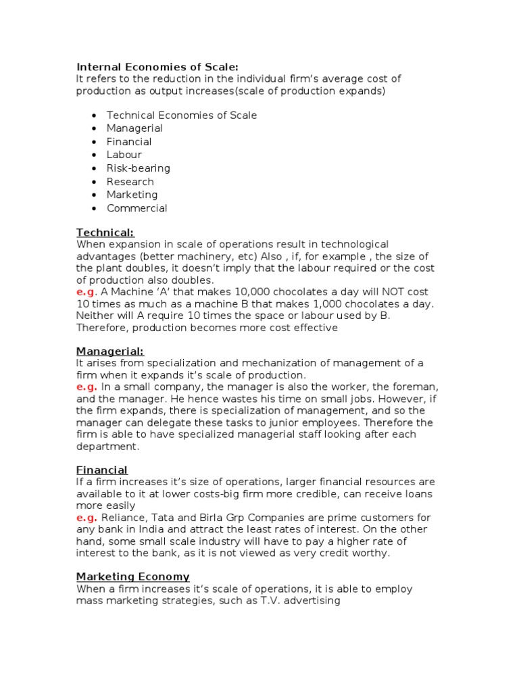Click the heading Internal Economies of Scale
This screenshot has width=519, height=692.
pyautogui.click(x=157, y=66)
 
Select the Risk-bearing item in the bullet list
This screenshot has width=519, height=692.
pyautogui.click(x=138, y=168)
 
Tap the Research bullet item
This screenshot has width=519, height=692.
pyautogui.click(x=130, y=182)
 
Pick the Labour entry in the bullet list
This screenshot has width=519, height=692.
pyautogui.click(x=124, y=155)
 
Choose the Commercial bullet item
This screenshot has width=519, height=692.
pyautogui.click(x=137, y=208)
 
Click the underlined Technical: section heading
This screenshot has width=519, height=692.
pyautogui.click(x=105, y=232)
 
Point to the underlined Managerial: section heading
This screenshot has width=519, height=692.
pyautogui.click(x=109, y=351)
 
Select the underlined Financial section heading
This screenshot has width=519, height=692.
pyautogui.click(x=101, y=470)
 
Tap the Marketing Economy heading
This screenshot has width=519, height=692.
pyautogui.click(x=132, y=576)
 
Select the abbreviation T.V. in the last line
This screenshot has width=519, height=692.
pyautogui.click(x=260, y=601)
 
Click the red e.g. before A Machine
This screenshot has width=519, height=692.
pyautogui.click(x=86, y=291)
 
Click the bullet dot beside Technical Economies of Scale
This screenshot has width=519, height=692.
pyautogui.click(x=93, y=116)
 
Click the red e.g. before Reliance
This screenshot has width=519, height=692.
pyautogui.click(x=86, y=518)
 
